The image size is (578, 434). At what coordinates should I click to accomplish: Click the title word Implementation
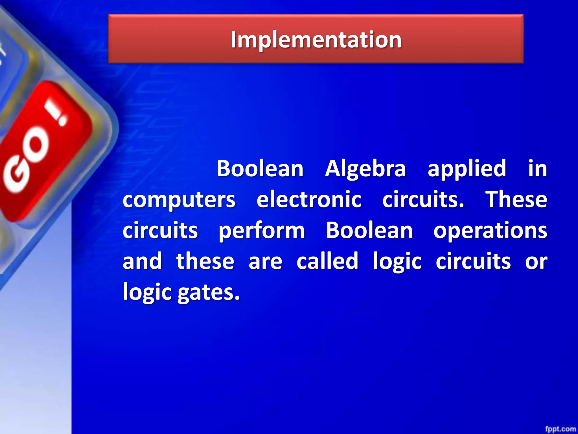pos(316,40)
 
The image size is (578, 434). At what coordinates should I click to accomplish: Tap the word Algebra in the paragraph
pos(365,169)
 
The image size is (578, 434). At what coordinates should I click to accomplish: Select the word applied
pos(467,169)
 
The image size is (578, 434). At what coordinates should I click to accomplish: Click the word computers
pos(179,199)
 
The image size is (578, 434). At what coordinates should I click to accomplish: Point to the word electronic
pos(309,199)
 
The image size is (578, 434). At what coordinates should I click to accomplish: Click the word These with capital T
pos(516,199)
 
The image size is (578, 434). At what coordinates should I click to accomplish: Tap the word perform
pos(262,231)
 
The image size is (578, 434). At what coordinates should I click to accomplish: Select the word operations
pos(490,231)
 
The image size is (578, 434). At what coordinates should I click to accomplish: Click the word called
pos(327,261)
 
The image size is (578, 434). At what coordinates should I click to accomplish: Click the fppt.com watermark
pos(560,429)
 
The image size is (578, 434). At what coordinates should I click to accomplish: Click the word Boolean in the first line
pos(260,169)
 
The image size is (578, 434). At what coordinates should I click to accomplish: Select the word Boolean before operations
pos(369,231)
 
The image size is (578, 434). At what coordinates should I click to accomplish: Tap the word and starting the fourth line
pos(142,261)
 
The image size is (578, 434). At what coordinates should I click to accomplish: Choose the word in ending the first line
pos(537,169)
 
